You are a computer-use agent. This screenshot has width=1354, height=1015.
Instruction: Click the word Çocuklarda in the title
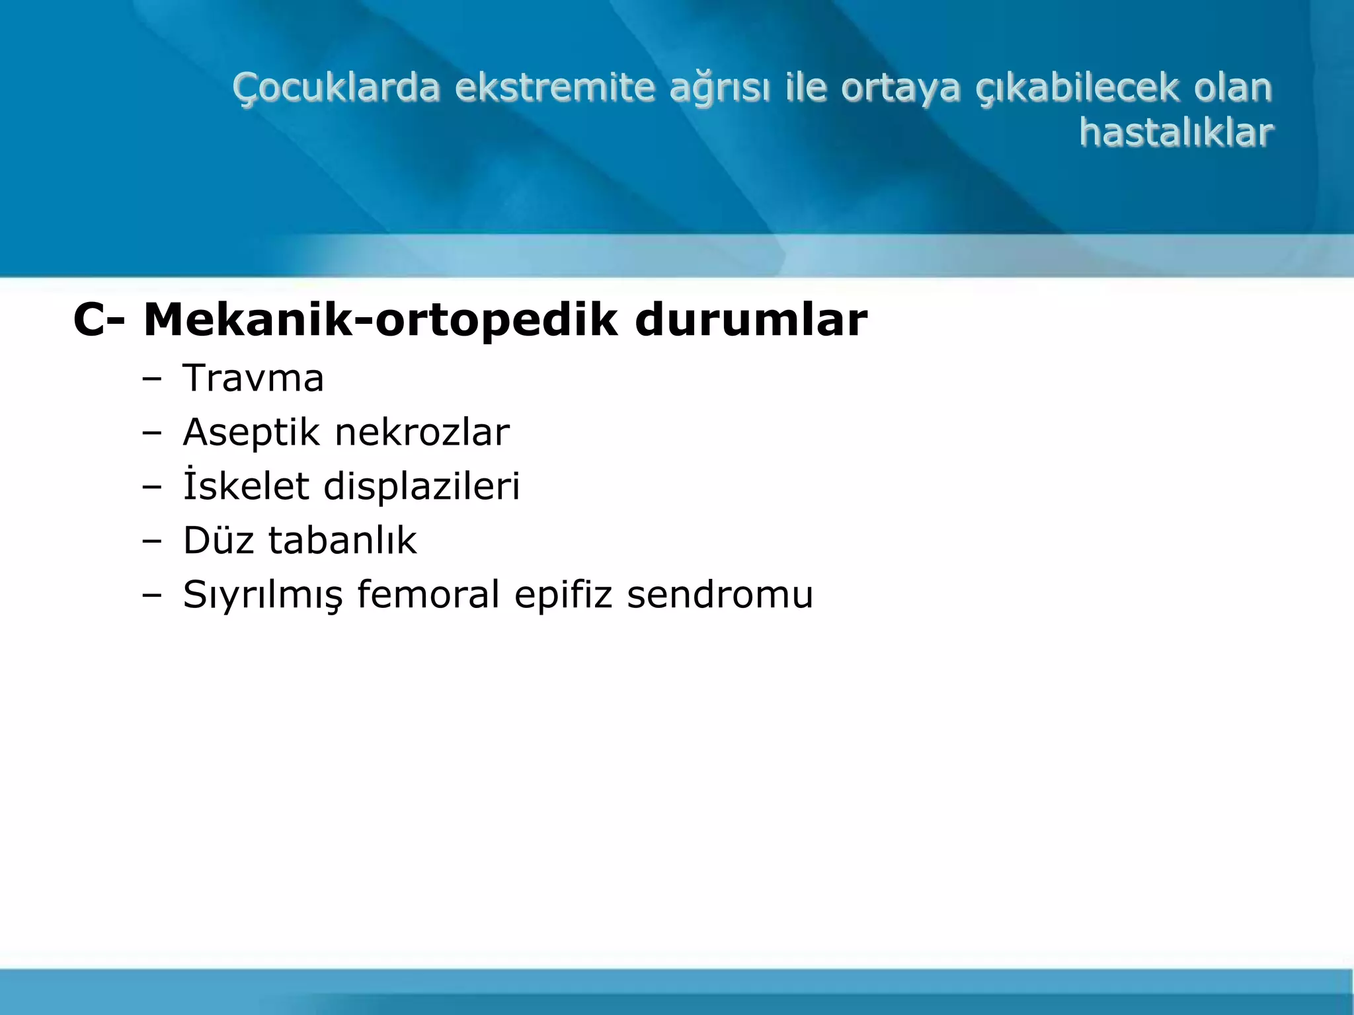click(336, 88)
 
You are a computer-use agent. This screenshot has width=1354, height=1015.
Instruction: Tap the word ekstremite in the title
click(555, 88)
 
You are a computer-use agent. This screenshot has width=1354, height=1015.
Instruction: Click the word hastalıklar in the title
click(1175, 132)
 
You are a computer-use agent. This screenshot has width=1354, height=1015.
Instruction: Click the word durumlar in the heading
click(750, 320)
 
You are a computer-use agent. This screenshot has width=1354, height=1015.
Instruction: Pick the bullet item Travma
click(253, 378)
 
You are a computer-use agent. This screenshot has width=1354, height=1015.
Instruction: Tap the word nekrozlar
click(422, 432)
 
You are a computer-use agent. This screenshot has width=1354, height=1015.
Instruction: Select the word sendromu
click(720, 594)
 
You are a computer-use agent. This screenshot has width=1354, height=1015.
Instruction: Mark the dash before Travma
click(151, 379)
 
